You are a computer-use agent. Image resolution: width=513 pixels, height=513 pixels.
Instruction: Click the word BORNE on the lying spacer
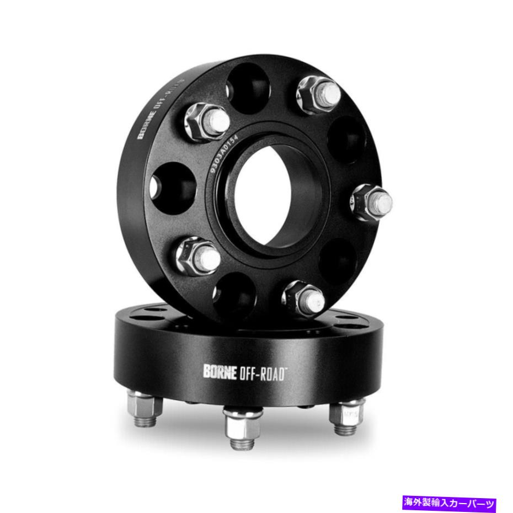coord(221,372)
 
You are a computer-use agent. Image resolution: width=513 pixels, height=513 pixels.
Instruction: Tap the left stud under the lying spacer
coord(145,408)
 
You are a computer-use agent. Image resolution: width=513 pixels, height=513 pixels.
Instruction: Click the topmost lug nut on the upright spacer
coord(319,93)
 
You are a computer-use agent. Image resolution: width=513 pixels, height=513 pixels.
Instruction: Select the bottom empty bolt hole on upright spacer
coord(235,297)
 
